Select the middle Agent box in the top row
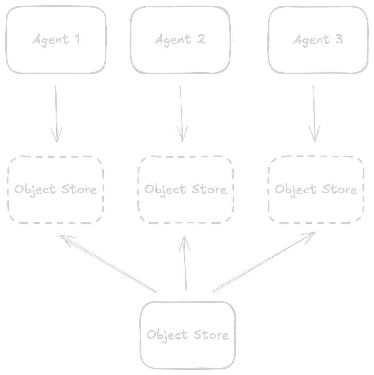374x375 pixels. (x=180, y=39)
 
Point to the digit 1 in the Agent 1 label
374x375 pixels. (x=77, y=39)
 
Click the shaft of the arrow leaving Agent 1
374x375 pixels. (x=56, y=105)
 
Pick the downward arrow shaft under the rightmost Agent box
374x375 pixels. (x=314, y=105)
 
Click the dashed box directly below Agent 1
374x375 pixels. (x=56, y=189)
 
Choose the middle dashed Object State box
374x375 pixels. (x=185, y=189)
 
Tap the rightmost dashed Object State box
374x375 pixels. (x=316, y=189)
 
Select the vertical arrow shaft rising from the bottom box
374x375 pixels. (x=186, y=271)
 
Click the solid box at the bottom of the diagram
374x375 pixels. (x=188, y=335)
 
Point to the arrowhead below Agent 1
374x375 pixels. (x=57, y=134)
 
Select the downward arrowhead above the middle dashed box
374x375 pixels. (x=182, y=134)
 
